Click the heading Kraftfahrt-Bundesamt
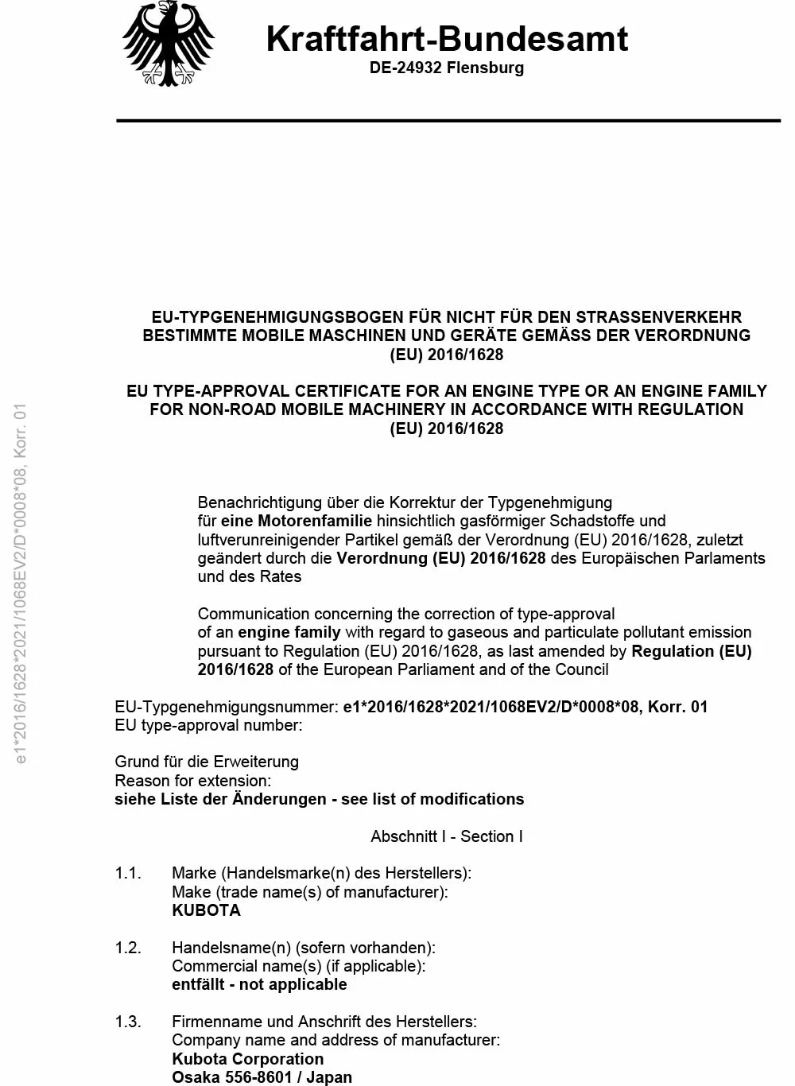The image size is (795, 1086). (x=447, y=38)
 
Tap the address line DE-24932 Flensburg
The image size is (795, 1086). (x=447, y=68)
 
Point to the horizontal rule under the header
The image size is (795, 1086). (x=448, y=121)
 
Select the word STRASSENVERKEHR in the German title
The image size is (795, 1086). (x=659, y=316)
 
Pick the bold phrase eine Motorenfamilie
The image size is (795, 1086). (x=296, y=522)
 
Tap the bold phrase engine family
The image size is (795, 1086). (x=289, y=633)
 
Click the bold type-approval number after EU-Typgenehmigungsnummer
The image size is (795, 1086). (x=525, y=707)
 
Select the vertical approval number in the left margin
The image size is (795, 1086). (x=21, y=584)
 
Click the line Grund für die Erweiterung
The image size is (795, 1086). (x=207, y=762)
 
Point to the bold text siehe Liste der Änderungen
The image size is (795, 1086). (x=220, y=799)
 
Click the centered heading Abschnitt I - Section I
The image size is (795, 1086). (x=447, y=836)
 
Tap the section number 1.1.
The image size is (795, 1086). (x=128, y=873)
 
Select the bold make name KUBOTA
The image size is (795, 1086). (x=206, y=910)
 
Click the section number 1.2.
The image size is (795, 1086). (x=128, y=948)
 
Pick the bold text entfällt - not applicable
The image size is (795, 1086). (x=259, y=984)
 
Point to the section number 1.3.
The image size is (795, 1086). (x=128, y=1022)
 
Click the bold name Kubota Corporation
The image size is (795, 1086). (x=248, y=1059)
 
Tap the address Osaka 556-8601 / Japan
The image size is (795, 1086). (x=262, y=1077)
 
